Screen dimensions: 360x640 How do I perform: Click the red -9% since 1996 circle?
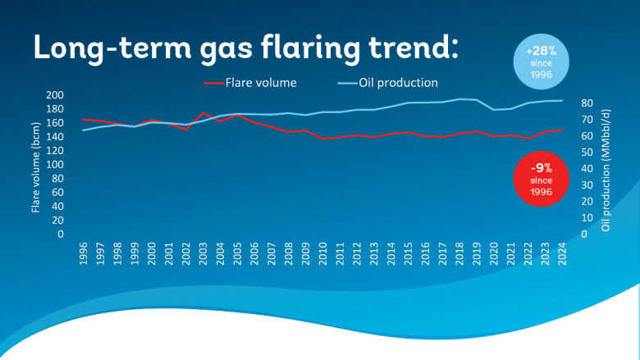click(539, 177)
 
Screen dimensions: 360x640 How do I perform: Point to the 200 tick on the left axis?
click(54, 95)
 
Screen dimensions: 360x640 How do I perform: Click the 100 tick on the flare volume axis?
click(54, 165)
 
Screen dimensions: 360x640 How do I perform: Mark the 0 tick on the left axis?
click(60, 235)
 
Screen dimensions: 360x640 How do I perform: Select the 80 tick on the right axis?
click(587, 103)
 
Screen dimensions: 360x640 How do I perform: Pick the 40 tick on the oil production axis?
click(587, 169)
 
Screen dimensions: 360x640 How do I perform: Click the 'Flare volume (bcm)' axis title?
click(36, 165)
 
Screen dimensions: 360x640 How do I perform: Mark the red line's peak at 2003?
click(203, 113)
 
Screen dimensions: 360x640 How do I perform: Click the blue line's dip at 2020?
click(494, 110)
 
